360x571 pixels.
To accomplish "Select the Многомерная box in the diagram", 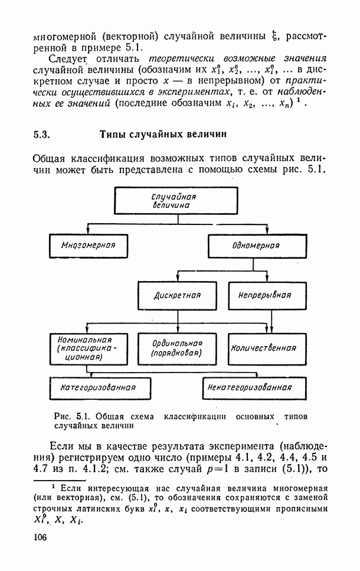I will tap(88, 245).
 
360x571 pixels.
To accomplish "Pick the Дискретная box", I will tap(178, 294).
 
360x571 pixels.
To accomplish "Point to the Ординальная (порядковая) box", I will tap(177, 348).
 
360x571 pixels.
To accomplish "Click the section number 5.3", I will tap(41, 134).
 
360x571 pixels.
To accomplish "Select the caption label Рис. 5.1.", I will tap(72, 416).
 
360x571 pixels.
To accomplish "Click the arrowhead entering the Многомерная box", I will tap(88, 232).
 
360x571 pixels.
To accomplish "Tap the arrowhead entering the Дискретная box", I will tap(178, 280).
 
